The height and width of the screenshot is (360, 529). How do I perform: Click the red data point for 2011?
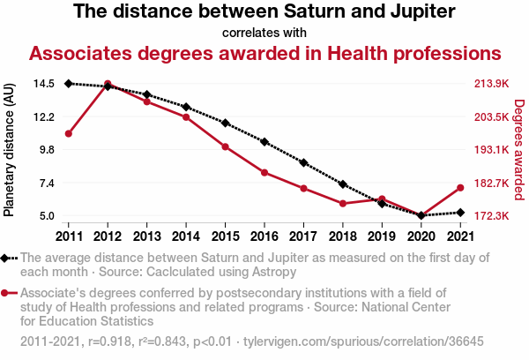tap(69, 133)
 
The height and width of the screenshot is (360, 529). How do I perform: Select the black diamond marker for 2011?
tap(69, 84)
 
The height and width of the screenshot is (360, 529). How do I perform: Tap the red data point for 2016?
tap(264, 172)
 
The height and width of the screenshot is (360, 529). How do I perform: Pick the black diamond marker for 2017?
tap(303, 163)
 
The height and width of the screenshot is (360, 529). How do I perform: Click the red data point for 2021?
tap(460, 187)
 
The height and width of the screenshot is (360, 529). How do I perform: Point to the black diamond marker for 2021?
tap(460, 213)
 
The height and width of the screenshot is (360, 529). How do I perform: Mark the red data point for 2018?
tap(343, 203)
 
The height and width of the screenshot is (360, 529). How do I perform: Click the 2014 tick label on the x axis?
tap(186, 236)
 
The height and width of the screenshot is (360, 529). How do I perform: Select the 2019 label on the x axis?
tap(382, 236)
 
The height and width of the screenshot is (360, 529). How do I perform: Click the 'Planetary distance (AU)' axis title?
tap(10, 150)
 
